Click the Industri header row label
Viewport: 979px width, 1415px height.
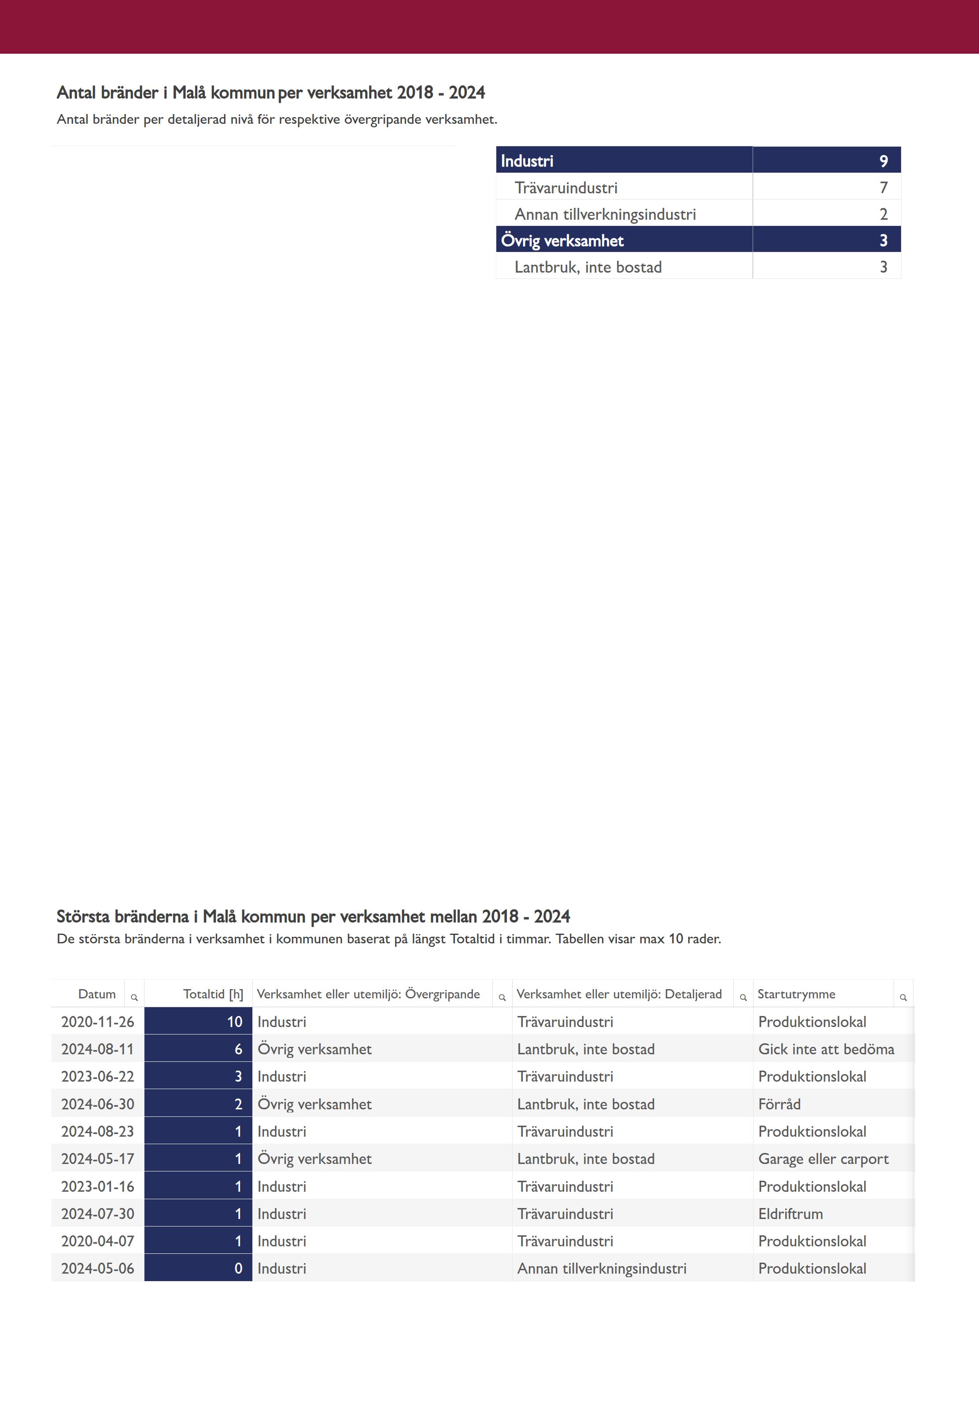point(527,161)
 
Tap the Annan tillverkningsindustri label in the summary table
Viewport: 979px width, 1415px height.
point(605,214)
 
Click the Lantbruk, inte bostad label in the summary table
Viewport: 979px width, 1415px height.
point(587,267)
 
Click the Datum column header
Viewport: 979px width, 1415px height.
point(97,994)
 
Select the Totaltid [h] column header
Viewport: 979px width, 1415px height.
point(213,994)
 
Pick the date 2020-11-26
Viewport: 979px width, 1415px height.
point(97,1022)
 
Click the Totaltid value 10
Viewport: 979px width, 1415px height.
point(234,1022)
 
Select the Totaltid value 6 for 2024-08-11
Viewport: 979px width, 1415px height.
point(238,1049)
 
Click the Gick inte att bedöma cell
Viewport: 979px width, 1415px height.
point(826,1049)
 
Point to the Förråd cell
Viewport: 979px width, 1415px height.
point(779,1104)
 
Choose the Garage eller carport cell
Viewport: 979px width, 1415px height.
point(823,1159)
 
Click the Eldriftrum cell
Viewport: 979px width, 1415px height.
point(790,1213)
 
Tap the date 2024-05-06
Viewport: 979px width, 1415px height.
point(97,1268)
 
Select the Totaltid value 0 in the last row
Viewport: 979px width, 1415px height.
point(238,1268)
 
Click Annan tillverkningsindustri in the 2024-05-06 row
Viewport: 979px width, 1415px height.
point(601,1268)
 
